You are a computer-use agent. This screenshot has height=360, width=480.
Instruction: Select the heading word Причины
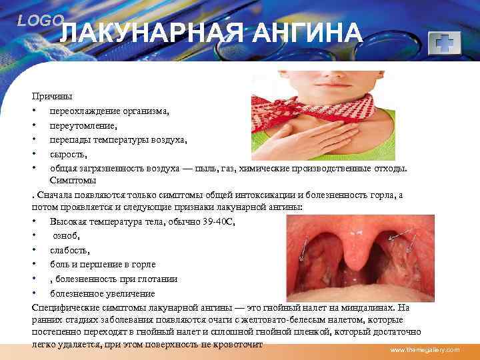click(x=53, y=97)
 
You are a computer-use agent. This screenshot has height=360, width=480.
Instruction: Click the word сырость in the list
click(x=67, y=154)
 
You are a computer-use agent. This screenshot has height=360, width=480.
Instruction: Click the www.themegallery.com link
click(x=425, y=350)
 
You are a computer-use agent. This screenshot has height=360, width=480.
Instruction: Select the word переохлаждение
click(x=83, y=111)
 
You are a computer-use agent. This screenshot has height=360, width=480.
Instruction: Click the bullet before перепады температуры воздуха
click(x=33, y=140)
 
